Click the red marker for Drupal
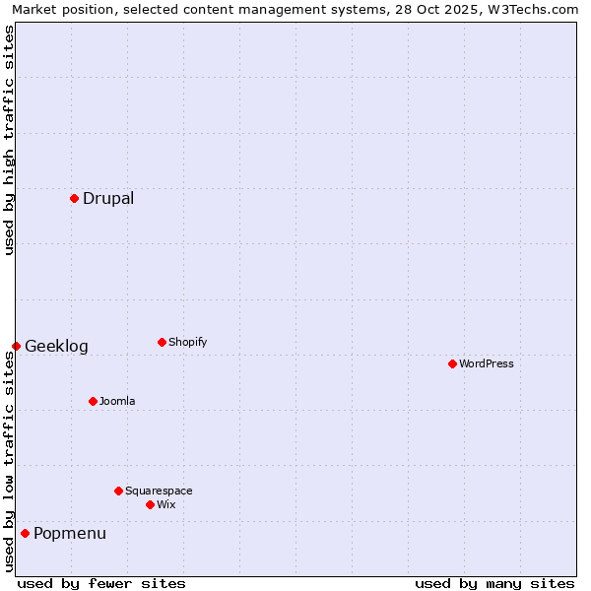pyautogui.click(x=74, y=198)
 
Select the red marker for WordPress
pyautogui.click(x=452, y=363)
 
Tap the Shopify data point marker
pyautogui.click(x=162, y=342)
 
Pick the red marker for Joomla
pyautogui.click(x=93, y=401)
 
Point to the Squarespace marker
pyautogui.click(x=118, y=491)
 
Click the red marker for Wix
pyautogui.click(x=150, y=504)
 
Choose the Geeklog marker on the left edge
pyautogui.click(x=16, y=346)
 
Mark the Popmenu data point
pyautogui.click(x=25, y=533)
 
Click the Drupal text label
pyautogui.click(x=108, y=198)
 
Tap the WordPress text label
pyautogui.click(x=487, y=363)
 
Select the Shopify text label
pyautogui.click(x=188, y=342)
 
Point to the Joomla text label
pyautogui.click(x=117, y=401)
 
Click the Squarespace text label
pyautogui.click(x=159, y=491)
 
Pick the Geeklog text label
pyautogui.click(x=56, y=346)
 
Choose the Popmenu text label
pyautogui.click(x=70, y=533)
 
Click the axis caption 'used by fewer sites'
pyautogui.click(x=101, y=583)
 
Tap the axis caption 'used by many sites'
pyautogui.click(x=494, y=583)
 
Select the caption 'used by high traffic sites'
pyautogui.click(x=10, y=140)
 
